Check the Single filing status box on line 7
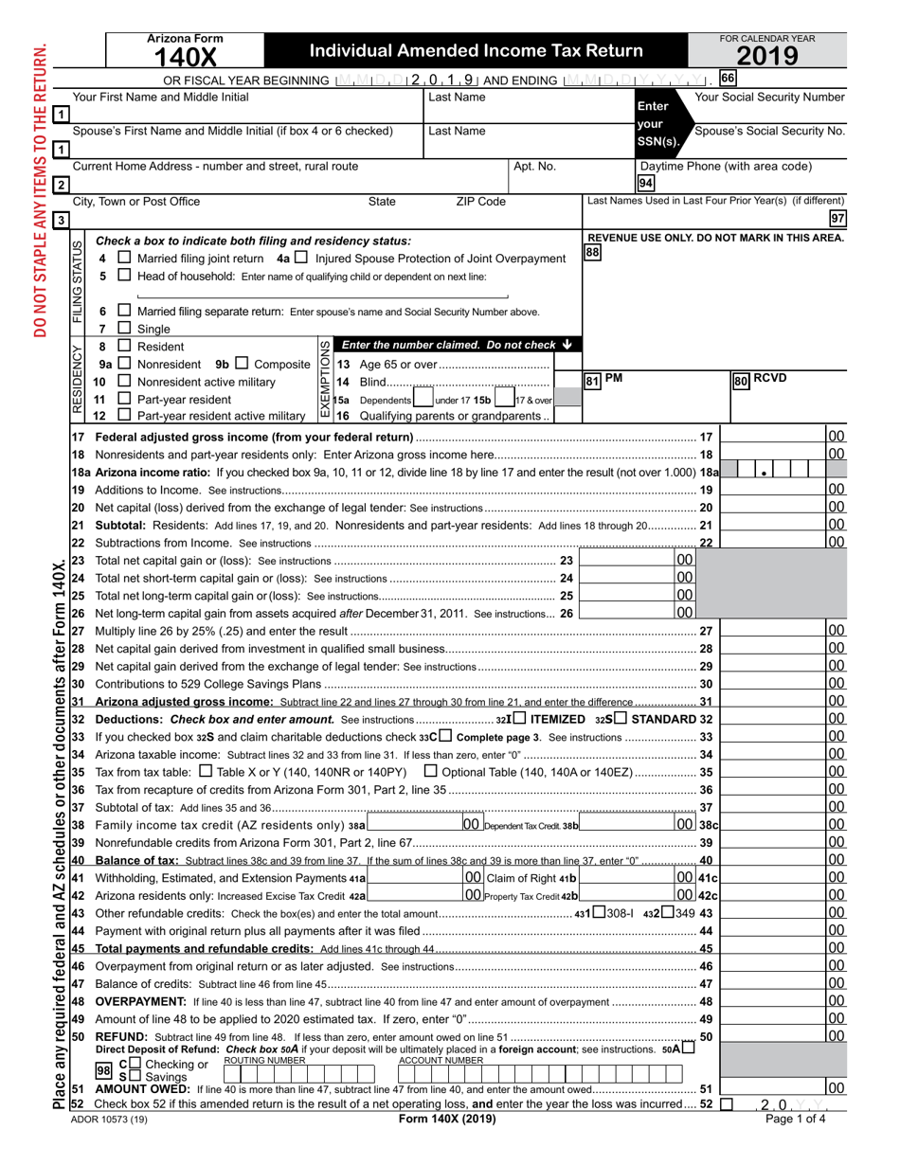pos(124,329)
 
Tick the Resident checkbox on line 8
pos(124,347)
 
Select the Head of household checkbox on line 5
pos(124,276)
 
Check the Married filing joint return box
pos(124,259)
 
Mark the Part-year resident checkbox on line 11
pos(124,399)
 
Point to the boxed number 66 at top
pos(728,79)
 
